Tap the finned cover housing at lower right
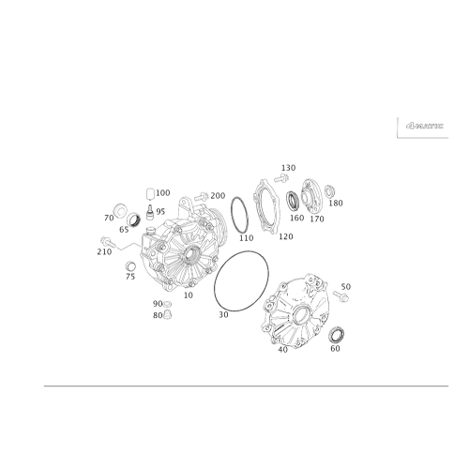click(298, 314)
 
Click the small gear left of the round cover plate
click(295, 201)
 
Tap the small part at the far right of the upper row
click(333, 194)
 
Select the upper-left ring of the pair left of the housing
click(119, 209)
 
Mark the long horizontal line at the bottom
click(234, 385)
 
